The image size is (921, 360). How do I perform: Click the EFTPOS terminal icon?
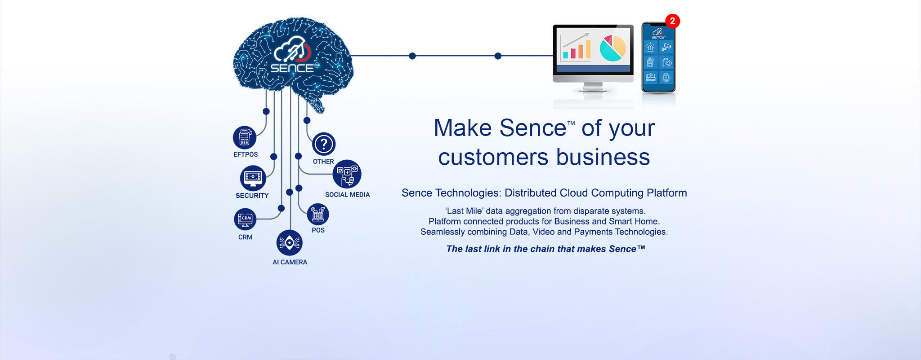click(245, 137)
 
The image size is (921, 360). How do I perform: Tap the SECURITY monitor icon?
click(253, 178)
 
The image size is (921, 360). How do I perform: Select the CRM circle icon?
click(245, 219)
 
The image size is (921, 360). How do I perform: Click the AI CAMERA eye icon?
click(289, 243)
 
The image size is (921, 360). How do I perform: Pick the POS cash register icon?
click(318, 214)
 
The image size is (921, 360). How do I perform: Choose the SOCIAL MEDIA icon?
click(347, 174)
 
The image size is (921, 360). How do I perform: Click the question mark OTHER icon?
click(324, 144)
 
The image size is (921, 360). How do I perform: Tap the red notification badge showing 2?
click(672, 21)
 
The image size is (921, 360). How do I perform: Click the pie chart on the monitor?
click(613, 48)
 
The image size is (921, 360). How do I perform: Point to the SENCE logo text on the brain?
click(292, 68)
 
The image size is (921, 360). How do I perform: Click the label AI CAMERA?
click(290, 262)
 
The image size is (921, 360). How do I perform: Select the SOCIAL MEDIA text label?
click(347, 195)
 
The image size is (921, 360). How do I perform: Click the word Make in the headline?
click(463, 128)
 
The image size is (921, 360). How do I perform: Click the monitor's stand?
click(593, 87)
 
